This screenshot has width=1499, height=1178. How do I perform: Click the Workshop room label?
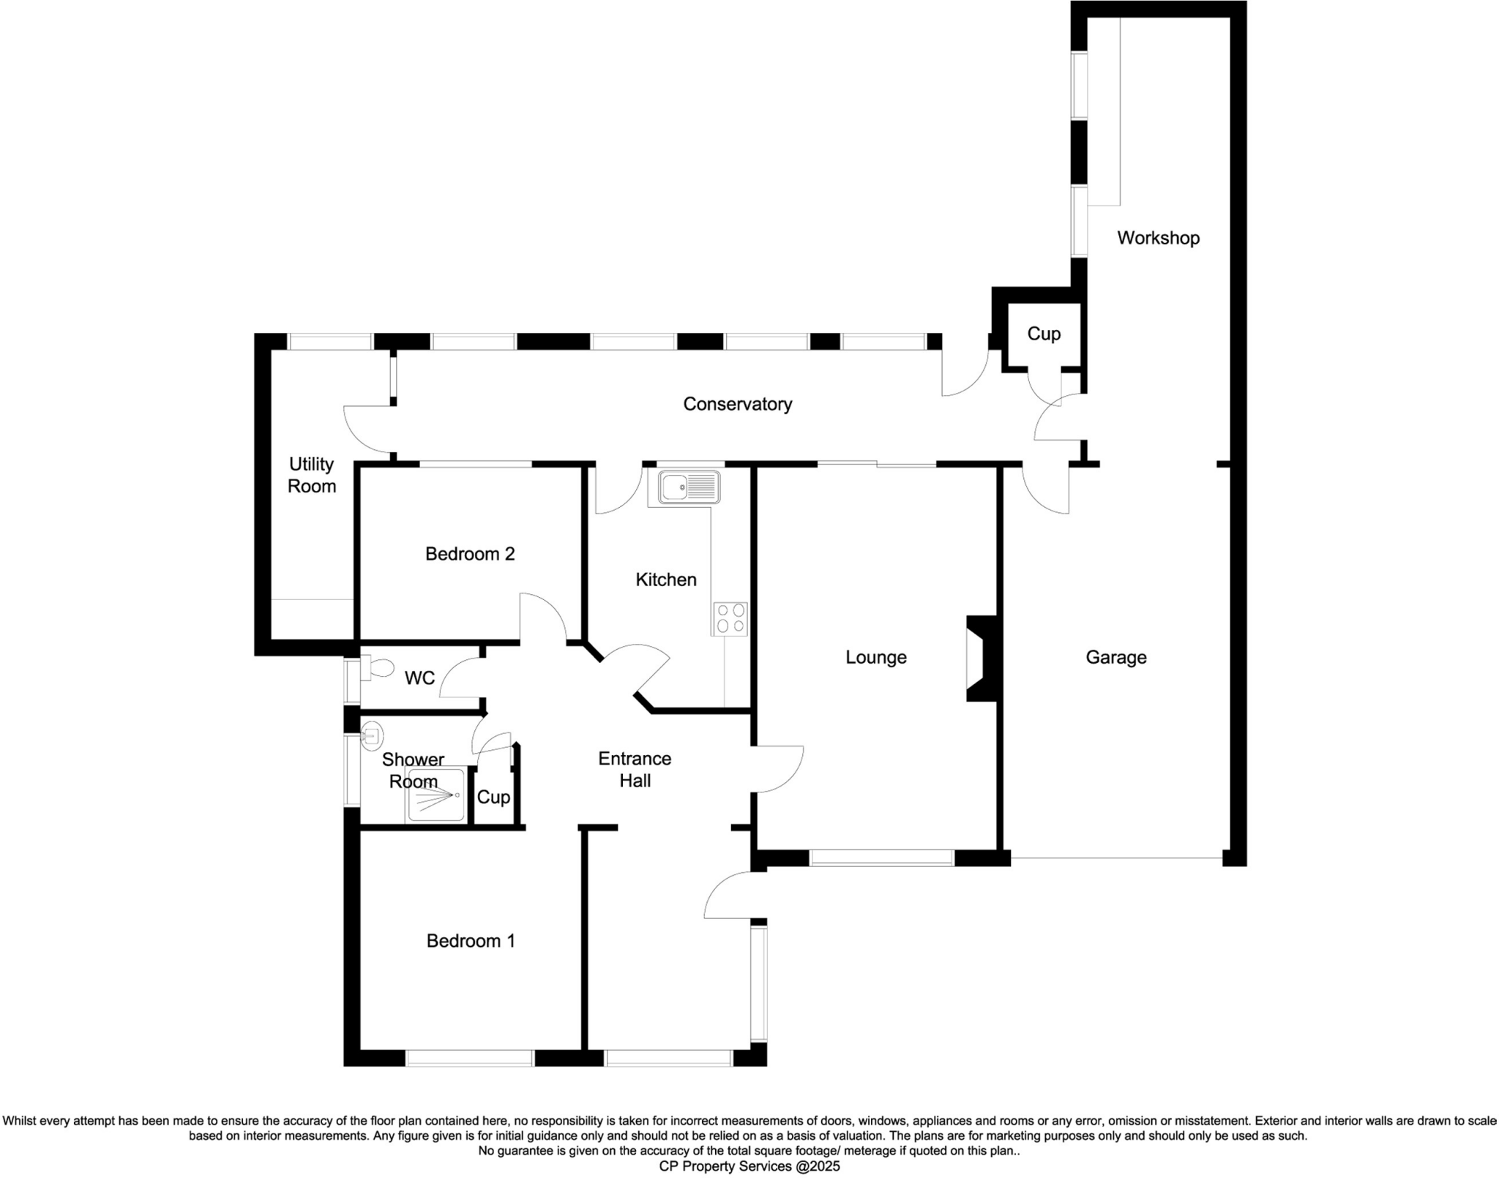(x=1158, y=238)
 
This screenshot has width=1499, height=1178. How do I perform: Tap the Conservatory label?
(x=737, y=404)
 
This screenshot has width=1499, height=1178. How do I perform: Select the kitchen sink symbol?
(x=689, y=487)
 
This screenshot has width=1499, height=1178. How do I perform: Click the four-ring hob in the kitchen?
(x=730, y=618)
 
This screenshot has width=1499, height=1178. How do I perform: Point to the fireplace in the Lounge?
(x=982, y=659)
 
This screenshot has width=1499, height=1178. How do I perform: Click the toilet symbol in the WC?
(x=376, y=669)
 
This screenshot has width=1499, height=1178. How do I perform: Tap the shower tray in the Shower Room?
(x=436, y=795)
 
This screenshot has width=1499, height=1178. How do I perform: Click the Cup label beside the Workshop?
(x=1044, y=334)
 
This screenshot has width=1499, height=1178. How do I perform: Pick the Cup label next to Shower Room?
(x=493, y=797)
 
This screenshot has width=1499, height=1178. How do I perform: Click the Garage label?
(x=1115, y=657)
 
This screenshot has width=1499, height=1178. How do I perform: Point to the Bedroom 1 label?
(x=471, y=940)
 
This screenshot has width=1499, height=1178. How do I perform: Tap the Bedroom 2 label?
(x=470, y=554)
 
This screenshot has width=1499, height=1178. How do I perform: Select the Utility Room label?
(x=311, y=475)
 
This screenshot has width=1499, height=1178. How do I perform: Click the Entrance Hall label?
(x=635, y=769)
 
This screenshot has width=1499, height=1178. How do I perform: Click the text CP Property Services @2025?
(x=749, y=1166)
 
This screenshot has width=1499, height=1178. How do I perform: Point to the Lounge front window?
(x=881, y=858)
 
